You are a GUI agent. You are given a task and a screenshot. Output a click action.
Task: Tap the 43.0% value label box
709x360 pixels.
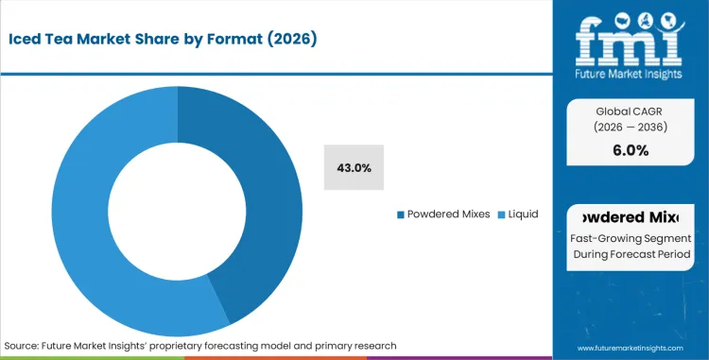click(x=354, y=167)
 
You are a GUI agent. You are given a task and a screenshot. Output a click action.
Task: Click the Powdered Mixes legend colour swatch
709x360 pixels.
click(x=402, y=214)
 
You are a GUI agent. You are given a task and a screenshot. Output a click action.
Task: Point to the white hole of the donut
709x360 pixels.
click(x=178, y=210)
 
